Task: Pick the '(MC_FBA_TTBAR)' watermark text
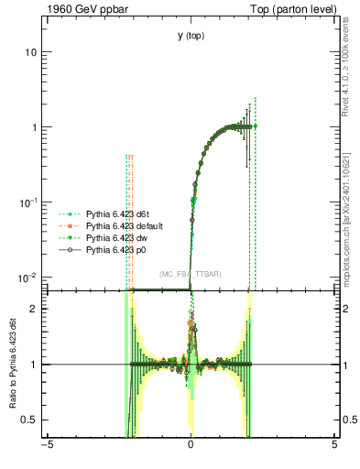coord(190,275)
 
